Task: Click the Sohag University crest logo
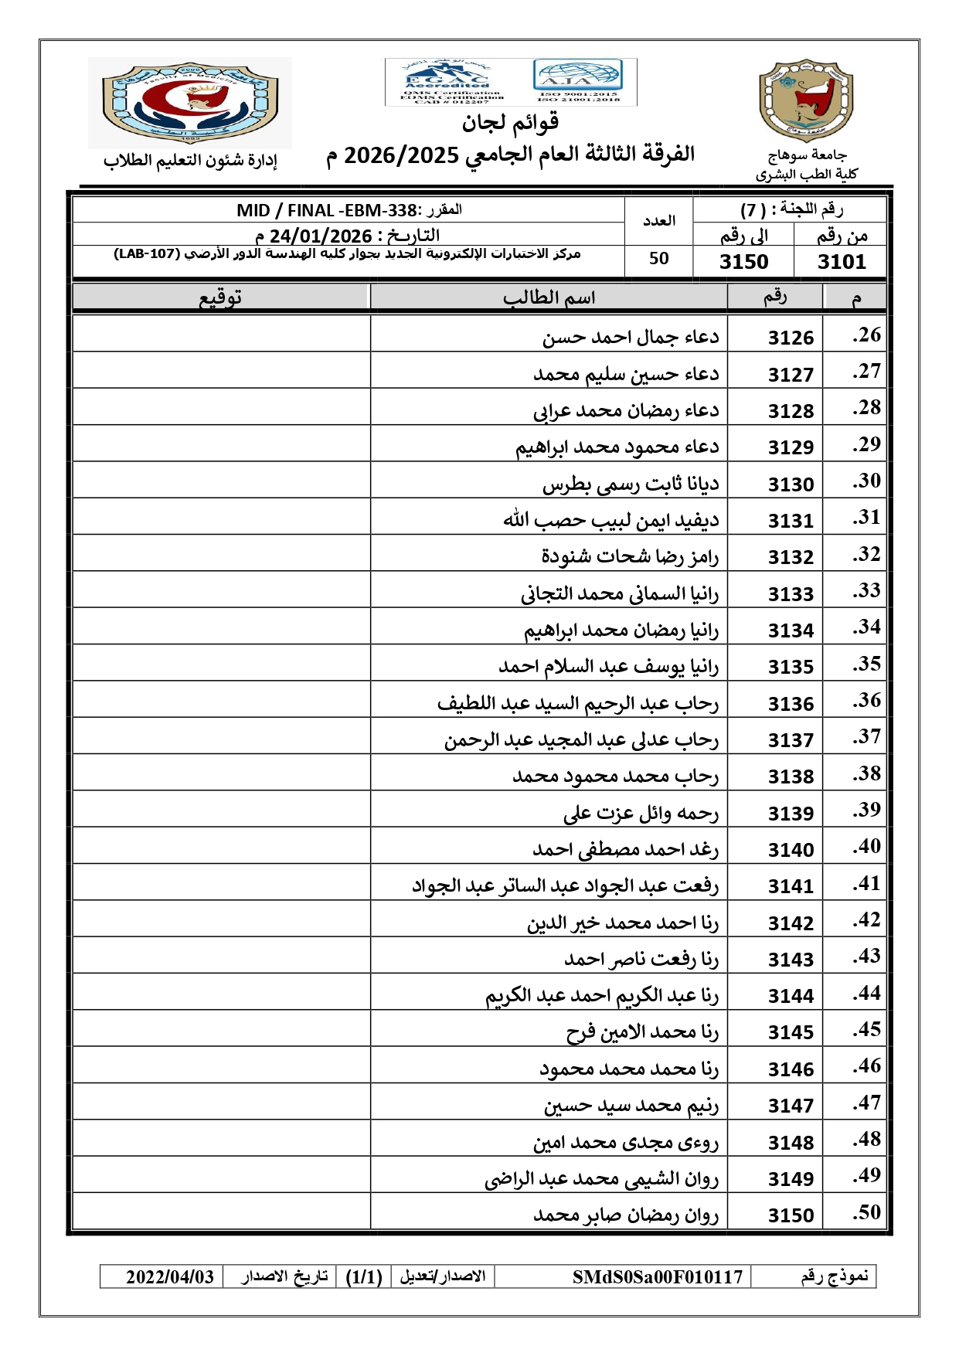pos(805,100)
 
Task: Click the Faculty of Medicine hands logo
pos(189,102)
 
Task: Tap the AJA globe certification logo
pos(577,76)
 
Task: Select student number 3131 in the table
pos(791,521)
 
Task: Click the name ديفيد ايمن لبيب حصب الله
pos(610,520)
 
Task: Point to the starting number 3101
pos(842,262)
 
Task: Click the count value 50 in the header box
pos(658,259)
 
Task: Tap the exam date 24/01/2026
pos(321,236)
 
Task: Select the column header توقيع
pos(221,297)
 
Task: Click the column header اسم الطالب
pos(549,297)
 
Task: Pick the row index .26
pos(866,335)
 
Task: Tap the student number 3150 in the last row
pos(791,1215)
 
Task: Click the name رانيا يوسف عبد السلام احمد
pos(608,666)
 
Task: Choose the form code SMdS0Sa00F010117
pos(657,1276)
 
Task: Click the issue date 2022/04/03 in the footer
pos(170,1276)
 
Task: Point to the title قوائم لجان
pos(510,122)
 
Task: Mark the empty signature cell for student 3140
pos(221,849)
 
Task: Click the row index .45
pos(866,1030)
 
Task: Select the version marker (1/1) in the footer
pos(364,1276)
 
